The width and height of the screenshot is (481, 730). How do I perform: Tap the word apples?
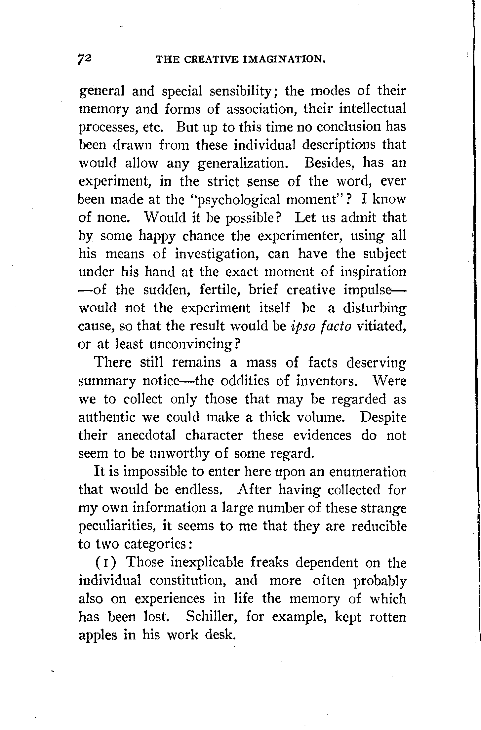[98, 635]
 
